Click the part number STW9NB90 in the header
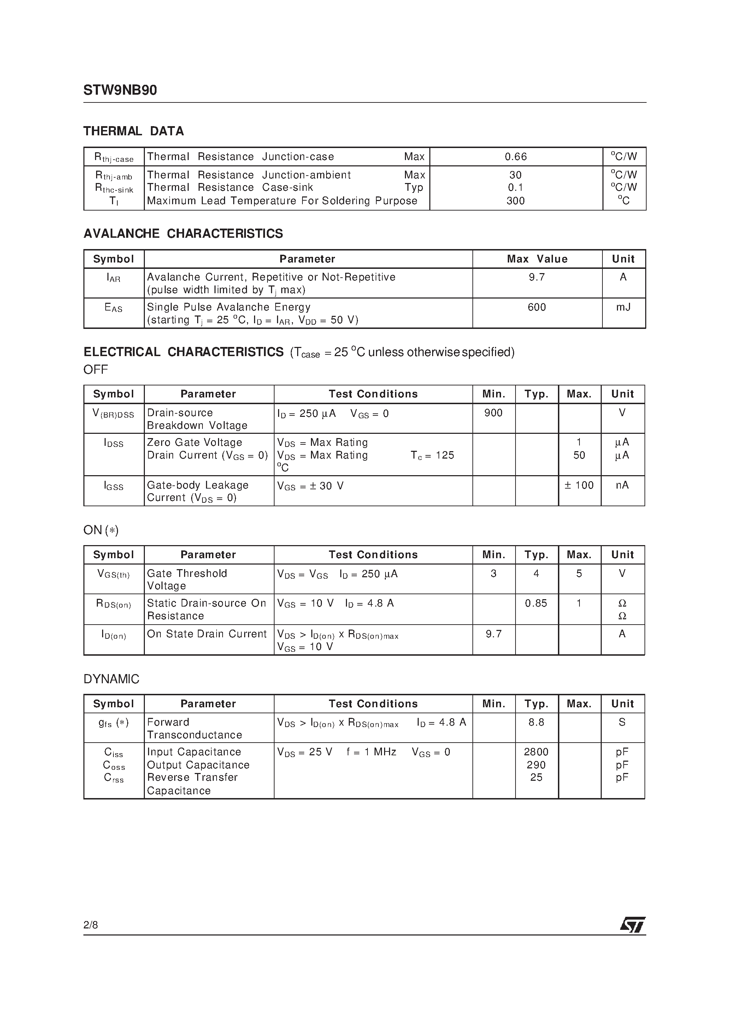tap(120, 90)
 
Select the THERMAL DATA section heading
tap(134, 131)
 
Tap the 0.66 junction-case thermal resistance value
tap(515, 157)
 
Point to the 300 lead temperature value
tap(515, 201)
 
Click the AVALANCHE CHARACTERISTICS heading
tap(183, 234)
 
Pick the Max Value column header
tap(537, 259)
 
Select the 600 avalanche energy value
tap(536, 307)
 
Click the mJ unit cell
tap(623, 307)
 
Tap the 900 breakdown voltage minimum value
tap(493, 413)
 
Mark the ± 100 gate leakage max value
tap(579, 485)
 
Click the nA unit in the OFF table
tap(622, 485)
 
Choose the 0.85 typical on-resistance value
tap(536, 603)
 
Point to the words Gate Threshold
tap(187, 573)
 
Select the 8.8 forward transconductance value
tap(536, 722)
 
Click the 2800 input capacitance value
tap(536, 752)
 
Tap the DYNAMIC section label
tap(111, 679)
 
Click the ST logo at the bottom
tap(632, 924)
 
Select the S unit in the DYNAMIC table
tap(622, 722)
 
